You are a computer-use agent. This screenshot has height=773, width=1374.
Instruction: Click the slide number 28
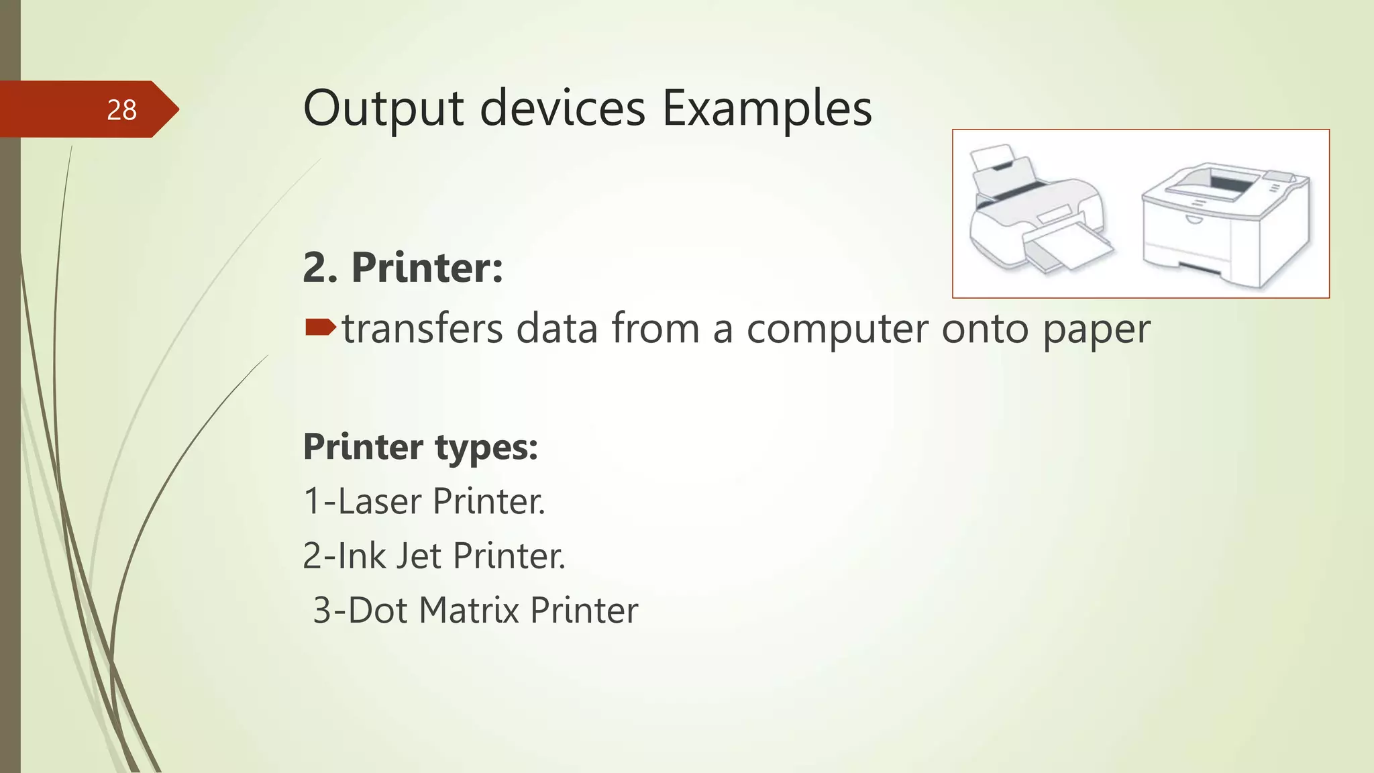pos(121,110)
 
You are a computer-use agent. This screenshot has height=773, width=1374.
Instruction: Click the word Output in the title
pos(383,108)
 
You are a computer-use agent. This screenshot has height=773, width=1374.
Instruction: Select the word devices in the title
pos(562,108)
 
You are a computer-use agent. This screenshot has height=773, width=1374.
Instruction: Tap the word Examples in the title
pos(767,108)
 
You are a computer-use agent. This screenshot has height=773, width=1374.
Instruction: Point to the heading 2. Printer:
pos(403,267)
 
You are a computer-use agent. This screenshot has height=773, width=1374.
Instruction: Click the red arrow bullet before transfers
pos(320,327)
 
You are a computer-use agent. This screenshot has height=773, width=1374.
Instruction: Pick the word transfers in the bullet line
pos(422,329)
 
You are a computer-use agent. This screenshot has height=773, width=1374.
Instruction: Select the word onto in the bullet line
pos(985,329)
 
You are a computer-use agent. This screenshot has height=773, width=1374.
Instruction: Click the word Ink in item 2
pos(362,556)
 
